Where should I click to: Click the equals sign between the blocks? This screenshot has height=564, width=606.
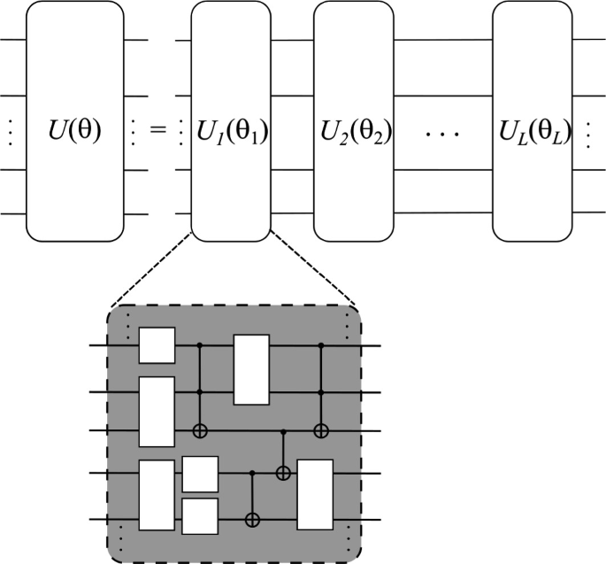157,133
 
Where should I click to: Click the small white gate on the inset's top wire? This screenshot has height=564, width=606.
157,345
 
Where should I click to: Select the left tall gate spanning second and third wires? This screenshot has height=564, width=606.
157,411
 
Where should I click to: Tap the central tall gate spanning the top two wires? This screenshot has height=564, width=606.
250,369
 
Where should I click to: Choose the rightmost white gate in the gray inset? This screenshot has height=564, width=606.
315,494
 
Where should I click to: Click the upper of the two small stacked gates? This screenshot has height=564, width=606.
199,474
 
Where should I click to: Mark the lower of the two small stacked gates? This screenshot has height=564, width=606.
199,515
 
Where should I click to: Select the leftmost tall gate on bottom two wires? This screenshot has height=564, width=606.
157,494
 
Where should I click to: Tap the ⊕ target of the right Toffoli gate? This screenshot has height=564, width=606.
321,431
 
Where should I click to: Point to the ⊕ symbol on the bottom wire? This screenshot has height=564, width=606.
253,516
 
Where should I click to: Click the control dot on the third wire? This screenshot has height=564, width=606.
283,431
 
